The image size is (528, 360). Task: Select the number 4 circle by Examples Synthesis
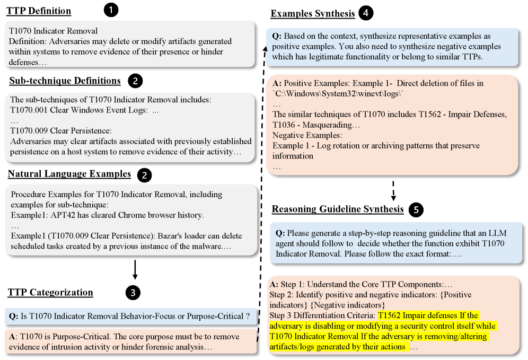[x=365, y=14]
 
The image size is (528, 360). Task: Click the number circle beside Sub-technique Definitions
[x=136, y=81]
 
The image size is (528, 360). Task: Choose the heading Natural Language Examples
[x=69, y=174]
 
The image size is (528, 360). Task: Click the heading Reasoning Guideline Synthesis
[x=338, y=209]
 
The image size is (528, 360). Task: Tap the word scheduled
[x=28, y=246]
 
